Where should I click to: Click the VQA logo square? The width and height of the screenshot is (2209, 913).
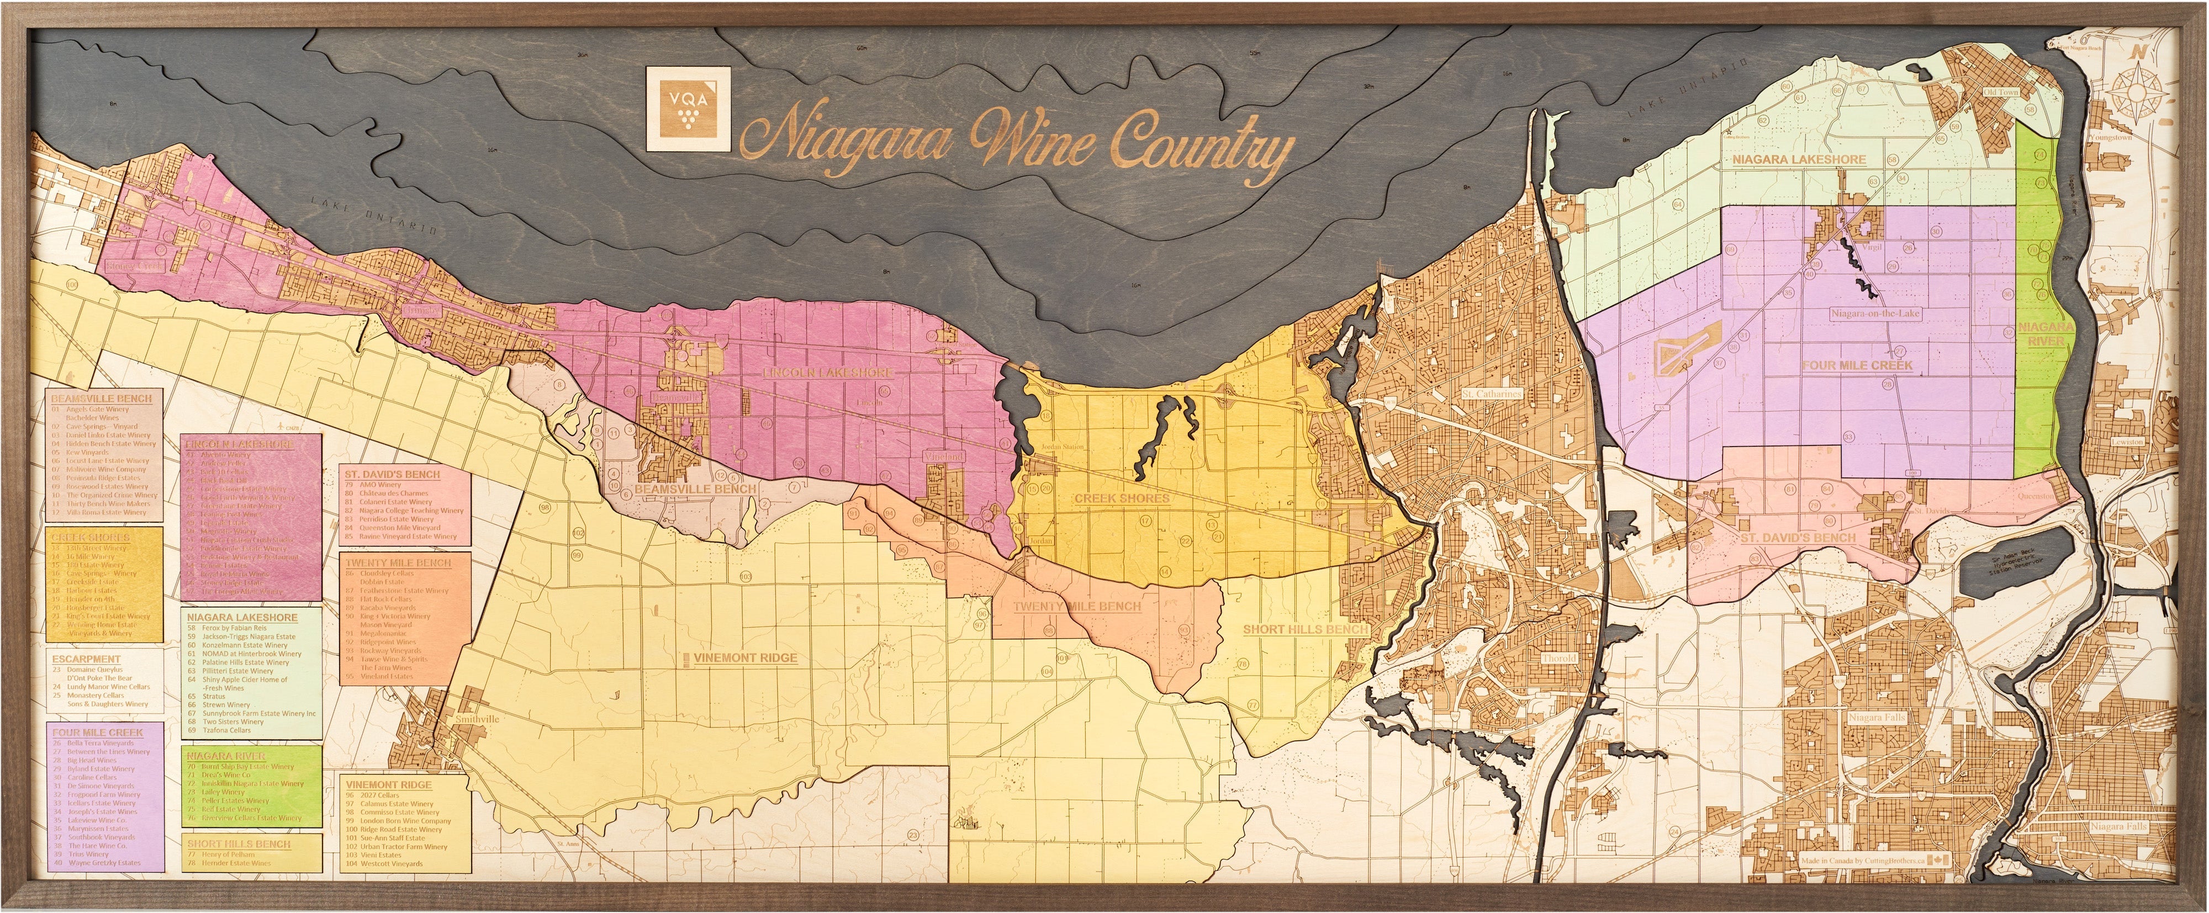[687, 121]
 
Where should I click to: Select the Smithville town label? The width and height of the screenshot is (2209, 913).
[478, 718]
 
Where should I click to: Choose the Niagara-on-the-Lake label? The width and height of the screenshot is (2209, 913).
[1874, 314]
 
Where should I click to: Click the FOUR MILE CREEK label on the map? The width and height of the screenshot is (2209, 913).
[1857, 365]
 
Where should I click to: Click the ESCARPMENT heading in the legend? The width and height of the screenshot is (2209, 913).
[86, 659]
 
